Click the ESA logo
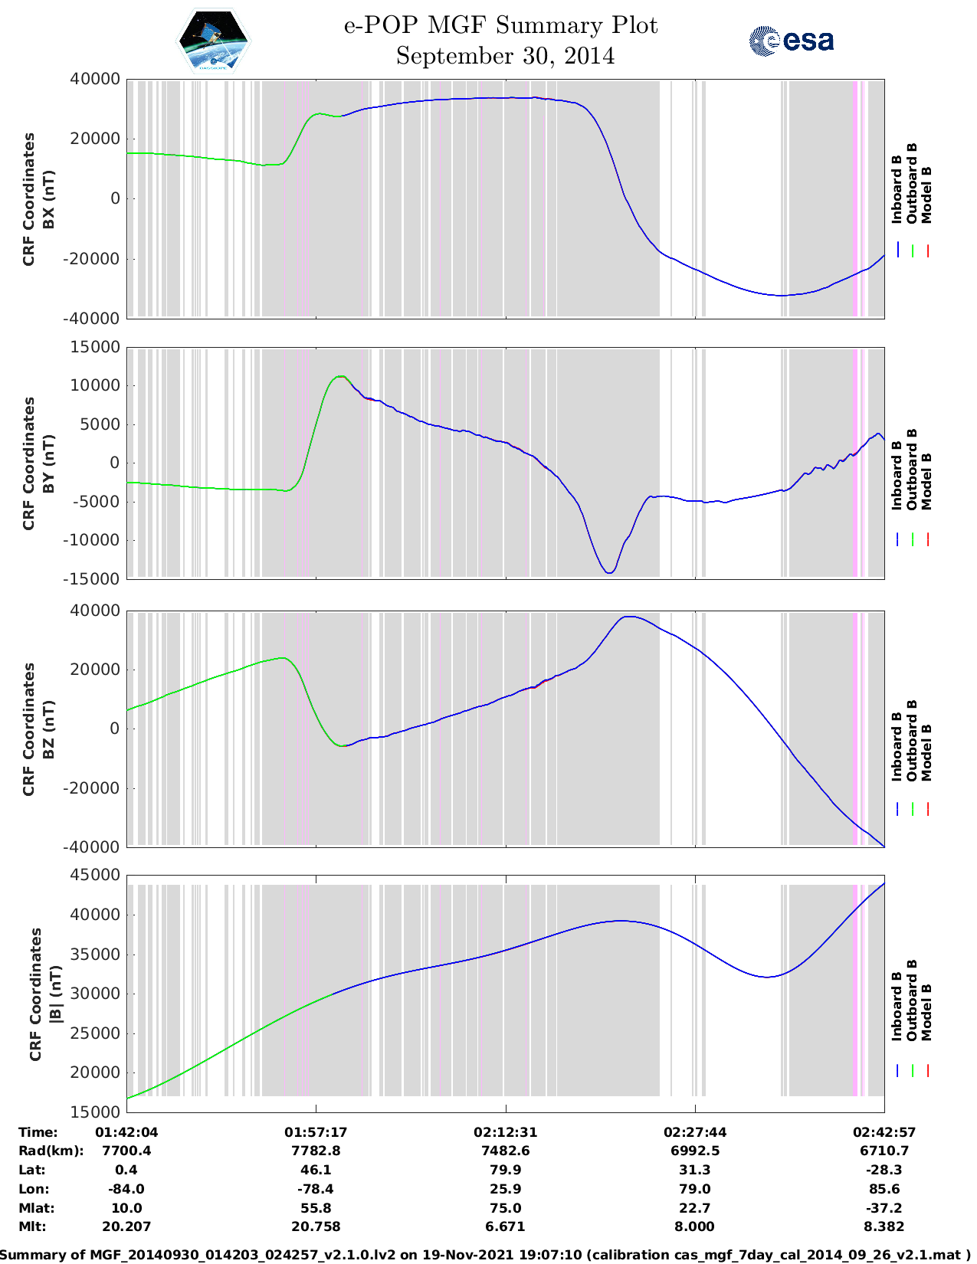[x=792, y=41]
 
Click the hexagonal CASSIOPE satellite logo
[x=213, y=41]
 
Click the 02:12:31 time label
[x=505, y=1132]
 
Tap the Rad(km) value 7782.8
[x=316, y=1151]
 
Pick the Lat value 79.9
[x=505, y=1170]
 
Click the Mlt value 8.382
[x=884, y=1226]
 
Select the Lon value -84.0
[x=126, y=1189]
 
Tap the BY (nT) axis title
[x=48, y=463]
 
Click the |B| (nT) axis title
[x=55, y=994]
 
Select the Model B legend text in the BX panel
[x=926, y=195]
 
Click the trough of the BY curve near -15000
[x=609, y=572]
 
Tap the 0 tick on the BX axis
[x=115, y=198]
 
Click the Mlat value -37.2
[x=884, y=1208]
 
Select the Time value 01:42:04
[x=126, y=1132]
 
